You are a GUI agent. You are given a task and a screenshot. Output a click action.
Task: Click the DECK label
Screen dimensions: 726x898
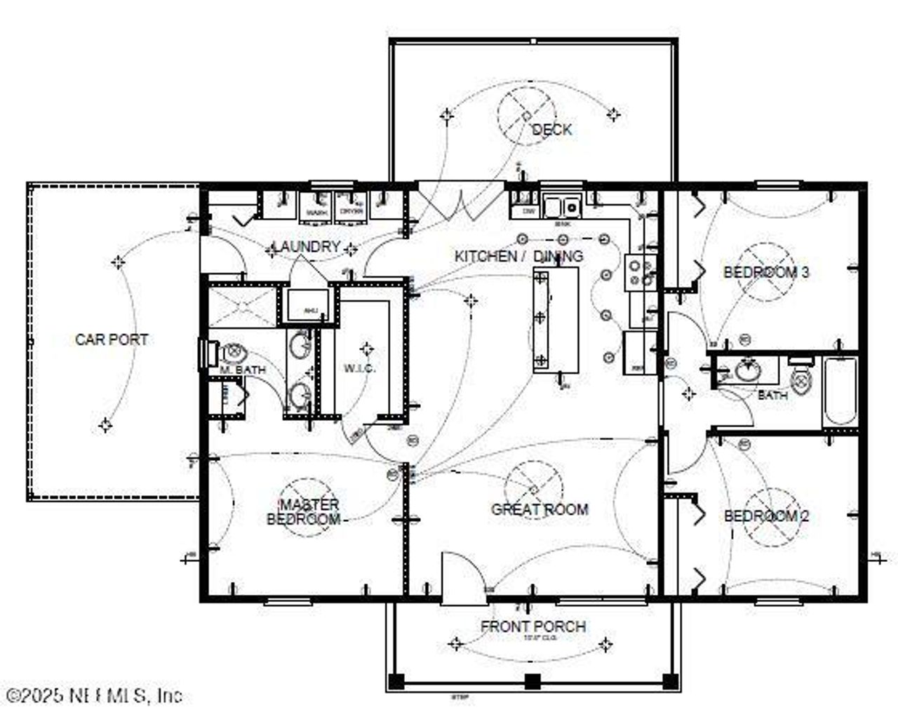click(551, 130)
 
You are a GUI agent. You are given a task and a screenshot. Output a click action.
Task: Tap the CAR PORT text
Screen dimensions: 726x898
click(112, 340)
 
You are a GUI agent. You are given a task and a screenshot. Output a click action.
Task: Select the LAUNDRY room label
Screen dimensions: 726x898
click(306, 247)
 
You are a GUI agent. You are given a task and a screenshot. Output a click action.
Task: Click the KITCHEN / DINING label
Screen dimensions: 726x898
click(518, 256)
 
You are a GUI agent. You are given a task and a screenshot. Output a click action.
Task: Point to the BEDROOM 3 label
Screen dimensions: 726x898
click(766, 272)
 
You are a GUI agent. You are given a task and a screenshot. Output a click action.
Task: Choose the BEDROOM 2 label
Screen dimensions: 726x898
click(766, 516)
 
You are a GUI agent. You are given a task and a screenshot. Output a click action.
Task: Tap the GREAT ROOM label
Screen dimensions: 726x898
click(539, 509)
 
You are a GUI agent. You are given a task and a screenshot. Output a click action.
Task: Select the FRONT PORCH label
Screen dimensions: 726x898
click(533, 626)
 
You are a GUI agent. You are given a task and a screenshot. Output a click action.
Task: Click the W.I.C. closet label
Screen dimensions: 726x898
click(361, 368)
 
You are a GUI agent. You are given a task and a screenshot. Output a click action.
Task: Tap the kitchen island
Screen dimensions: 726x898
click(556, 319)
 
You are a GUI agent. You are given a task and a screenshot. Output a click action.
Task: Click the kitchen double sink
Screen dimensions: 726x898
click(564, 208)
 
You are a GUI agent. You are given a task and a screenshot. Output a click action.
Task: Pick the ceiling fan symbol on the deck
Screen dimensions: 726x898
click(526, 116)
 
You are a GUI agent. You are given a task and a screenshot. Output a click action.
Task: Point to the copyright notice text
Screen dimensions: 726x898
click(91, 695)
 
